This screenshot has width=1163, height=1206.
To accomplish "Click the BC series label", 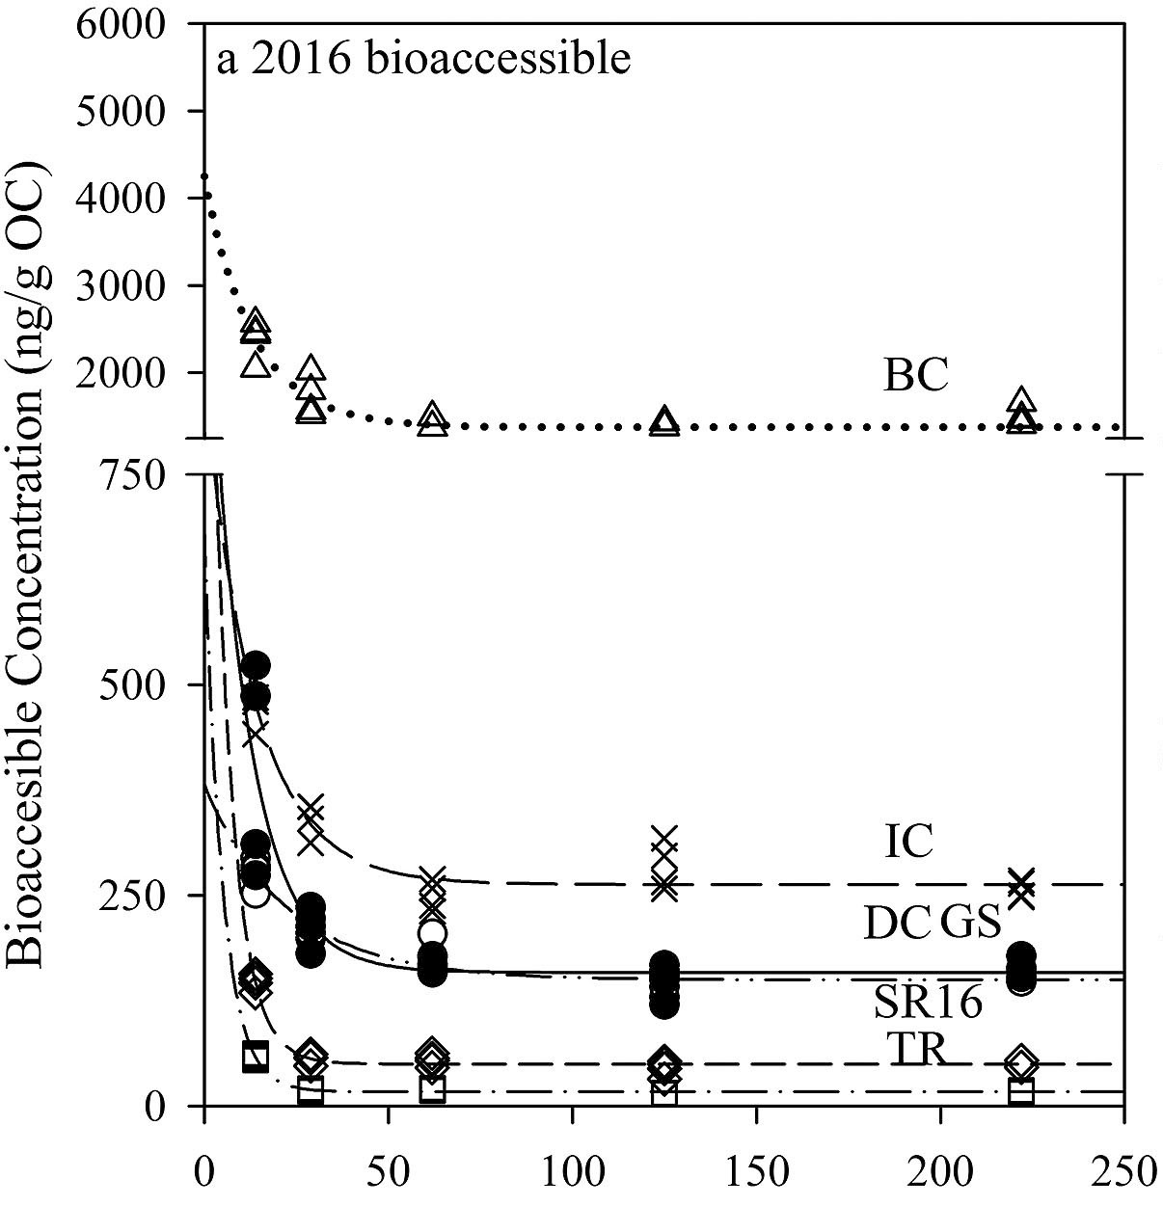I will click(x=916, y=377).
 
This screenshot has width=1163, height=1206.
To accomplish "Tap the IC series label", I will click(x=909, y=842).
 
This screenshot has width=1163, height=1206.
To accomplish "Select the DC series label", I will click(x=896, y=924).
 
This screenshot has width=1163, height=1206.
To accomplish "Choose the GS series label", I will click(x=969, y=923).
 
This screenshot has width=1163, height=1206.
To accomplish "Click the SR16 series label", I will click(x=928, y=1004).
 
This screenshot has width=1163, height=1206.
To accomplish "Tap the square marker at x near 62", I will click(x=433, y=1089).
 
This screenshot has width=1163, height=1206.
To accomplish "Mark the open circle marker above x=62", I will click(x=432, y=932).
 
